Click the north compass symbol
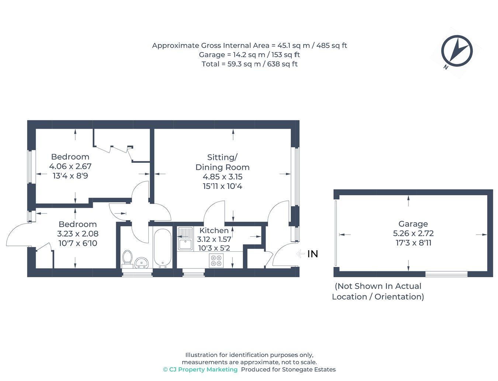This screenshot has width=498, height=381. coord(457,51)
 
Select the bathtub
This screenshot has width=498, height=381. coord(162,248)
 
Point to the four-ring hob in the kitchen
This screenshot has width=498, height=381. coord(216,260)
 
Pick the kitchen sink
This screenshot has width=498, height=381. coord(185,238)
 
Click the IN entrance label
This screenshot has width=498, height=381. coord(312,254)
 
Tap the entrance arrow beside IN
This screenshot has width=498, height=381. coord(300,254)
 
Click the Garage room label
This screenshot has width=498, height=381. coord(413,224)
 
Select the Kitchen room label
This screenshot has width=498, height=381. coord(214,230)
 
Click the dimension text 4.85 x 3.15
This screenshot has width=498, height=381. coord(222,177)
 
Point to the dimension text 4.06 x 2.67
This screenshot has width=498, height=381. coord(70,167)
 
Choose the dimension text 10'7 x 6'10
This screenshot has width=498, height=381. coord(78,243)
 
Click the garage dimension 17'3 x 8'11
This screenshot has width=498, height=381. coord(413,243)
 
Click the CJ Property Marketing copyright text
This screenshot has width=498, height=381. coord(200,370)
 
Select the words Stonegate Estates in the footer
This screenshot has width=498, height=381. coord(309,370)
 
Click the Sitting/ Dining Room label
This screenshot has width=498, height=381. coord(222,162)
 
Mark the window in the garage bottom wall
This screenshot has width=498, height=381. coord(446,274)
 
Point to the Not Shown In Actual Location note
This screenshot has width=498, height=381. coord(378,291)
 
